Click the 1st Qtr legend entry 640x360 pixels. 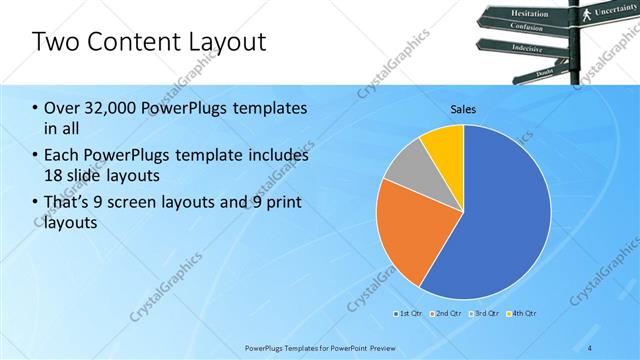[410, 315]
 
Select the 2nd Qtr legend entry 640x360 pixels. [445, 315]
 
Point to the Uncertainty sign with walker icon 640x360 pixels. [605, 11]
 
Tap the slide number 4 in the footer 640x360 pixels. [591, 347]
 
